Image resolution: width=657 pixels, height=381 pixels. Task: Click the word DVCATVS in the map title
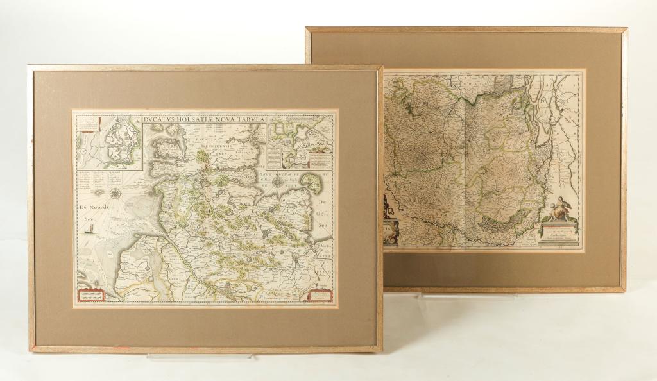[166, 117]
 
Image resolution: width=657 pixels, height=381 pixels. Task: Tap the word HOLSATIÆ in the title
[203, 117]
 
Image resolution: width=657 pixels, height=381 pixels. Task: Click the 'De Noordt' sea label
[92, 207]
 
